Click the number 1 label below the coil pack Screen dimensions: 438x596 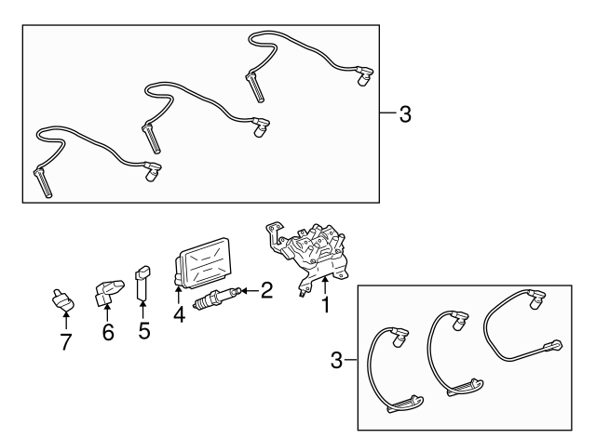(325, 304)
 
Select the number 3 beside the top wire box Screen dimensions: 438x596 (404, 115)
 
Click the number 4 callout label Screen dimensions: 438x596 (179, 315)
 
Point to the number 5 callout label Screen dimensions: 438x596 (144, 330)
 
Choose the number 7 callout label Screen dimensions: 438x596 (65, 342)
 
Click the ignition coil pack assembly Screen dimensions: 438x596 (308, 251)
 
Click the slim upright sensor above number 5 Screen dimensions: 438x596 (142, 284)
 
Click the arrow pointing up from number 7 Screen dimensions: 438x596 (65, 321)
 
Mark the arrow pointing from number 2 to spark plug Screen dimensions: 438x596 (247, 292)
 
